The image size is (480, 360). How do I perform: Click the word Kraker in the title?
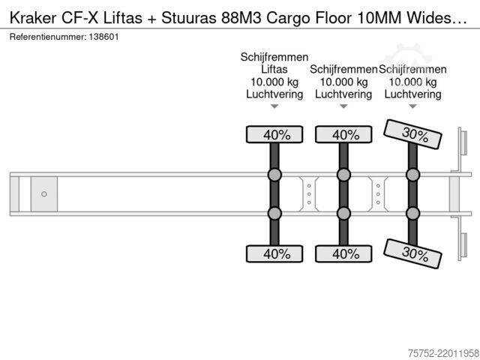[x=33, y=18]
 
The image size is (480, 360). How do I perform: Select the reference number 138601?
[x=103, y=37]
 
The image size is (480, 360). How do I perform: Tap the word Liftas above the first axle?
[x=274, y=69]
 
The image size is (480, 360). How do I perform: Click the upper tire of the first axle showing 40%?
[x=274, y=134]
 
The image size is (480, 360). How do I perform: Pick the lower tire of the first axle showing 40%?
[x=274, y=253]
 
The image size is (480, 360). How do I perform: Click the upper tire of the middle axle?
[x=343, y=134]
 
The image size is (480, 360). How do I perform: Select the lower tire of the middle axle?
[x=343, y=253]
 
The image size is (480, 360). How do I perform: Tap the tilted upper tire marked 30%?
[x=412, y=134]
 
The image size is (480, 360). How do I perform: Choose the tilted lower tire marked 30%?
[x=412, y=253]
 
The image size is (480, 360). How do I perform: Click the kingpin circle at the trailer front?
[x=44, y=194]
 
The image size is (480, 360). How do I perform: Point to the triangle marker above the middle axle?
[x=343, y=106]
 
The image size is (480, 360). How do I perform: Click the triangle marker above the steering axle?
[x=412, y=106]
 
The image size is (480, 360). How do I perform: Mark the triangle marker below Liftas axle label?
[x=274, y=106]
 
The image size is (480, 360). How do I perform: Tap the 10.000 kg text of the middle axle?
[x=343, y=82]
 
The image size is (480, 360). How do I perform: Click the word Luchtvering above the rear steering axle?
[x=412, y=94]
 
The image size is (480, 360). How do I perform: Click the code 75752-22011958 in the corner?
[x=443, y=353]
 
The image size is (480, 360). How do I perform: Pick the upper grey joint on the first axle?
[x=274, y=175]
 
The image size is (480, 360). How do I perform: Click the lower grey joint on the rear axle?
[x=412, y=213]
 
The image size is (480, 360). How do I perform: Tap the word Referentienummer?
[x=48, y=37]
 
